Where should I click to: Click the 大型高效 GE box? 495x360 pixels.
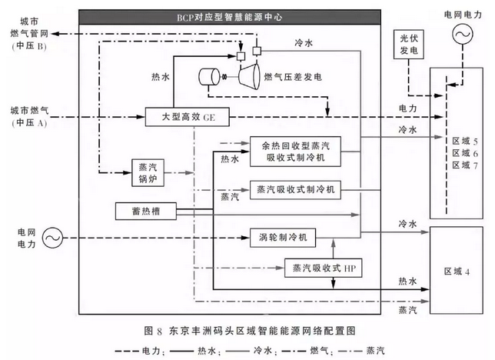(x=188, y=117)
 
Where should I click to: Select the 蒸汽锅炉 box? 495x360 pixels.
(x=148, y=172)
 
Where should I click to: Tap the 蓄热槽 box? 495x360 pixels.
(x=146, y=211)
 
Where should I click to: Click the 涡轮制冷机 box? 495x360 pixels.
(x=283, y=238)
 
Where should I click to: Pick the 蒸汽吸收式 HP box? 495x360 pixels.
(x=324, y=268)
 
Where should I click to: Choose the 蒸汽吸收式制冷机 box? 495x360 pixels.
(x=295, y=190)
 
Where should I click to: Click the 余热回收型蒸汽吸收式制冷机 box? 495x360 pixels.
(x=295, y=152)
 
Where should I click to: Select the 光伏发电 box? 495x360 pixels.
(x=408, y=45)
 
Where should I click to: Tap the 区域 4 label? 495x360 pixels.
(x=457, y=272)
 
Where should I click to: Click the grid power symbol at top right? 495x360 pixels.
(x=463, y=34)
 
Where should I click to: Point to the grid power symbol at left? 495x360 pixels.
(x=52, y=238)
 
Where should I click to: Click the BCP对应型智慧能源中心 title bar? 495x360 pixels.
(x=230, y=17)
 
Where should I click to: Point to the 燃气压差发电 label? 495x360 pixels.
(x=293, y=77)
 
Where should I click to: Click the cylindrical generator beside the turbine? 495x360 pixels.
(x=209, y=77)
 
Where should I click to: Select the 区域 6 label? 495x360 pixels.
(x=465, y=153)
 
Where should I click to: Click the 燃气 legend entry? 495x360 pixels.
(x=304, y=351)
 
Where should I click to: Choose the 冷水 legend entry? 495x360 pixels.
(x=250, y=351)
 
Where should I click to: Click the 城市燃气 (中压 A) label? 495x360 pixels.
(x=29, y=116)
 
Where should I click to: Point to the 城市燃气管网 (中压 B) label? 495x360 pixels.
(x=29, y=34)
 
